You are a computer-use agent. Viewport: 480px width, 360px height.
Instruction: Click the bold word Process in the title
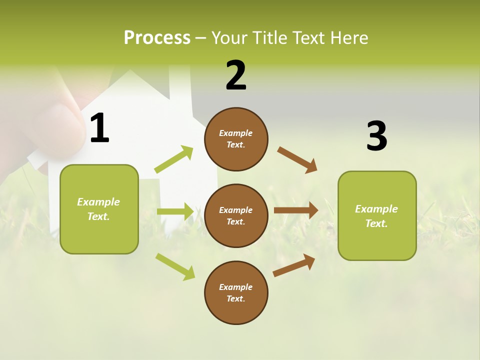pos(157,38)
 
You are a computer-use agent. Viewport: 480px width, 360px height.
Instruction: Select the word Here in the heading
pos(348,38)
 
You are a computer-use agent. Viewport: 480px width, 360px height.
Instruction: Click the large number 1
pos(99,128)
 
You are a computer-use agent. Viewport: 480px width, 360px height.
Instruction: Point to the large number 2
pos(236,75)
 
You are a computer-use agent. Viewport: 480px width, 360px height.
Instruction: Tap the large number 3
pos(376,136)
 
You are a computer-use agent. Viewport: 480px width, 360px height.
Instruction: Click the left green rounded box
pos(99,209)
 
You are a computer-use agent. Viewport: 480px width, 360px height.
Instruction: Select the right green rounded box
pos(377,216)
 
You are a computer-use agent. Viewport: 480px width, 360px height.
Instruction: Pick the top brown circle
pos(236,139)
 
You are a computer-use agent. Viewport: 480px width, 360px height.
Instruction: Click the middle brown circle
pos(236,215)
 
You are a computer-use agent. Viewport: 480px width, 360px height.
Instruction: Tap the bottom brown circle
pos(236,292)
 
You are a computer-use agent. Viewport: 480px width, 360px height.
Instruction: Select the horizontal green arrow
pos(175,211)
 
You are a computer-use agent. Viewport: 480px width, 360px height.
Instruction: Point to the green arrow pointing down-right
pos(175,266)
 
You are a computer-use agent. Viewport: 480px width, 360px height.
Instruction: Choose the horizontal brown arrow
pos(296,210)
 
